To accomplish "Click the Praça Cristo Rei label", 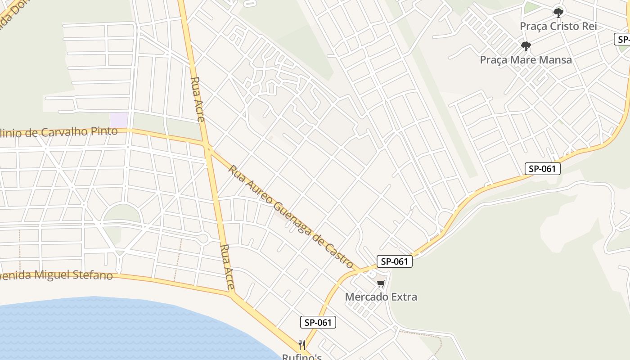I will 558,26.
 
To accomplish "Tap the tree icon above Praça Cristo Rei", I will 558,13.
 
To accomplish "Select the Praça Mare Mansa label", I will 526,59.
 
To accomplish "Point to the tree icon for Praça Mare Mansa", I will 526,46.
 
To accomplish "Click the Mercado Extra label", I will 381,297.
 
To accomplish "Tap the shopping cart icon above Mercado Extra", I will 381,283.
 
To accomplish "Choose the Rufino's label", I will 301,356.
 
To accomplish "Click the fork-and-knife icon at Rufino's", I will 302,345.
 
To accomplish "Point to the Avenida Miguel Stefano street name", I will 56,274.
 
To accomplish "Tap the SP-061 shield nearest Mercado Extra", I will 394,261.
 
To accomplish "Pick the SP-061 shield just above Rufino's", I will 318,322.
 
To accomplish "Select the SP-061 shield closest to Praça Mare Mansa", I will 543,169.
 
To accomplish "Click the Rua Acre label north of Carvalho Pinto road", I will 198,99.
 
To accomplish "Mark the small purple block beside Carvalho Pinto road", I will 119,120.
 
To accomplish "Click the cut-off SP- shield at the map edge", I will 622,39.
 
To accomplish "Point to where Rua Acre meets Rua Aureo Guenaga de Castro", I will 208,147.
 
